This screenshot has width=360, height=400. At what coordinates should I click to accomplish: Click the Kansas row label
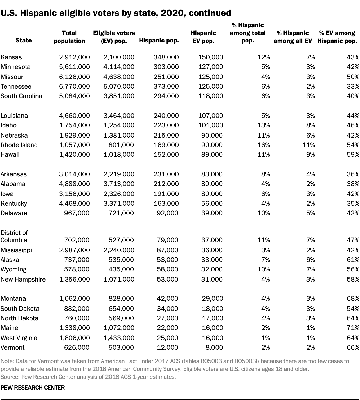pyautogui.click(x=11, y=57)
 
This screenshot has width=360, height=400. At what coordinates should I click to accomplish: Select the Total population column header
pyautogui.click(x=69, y=37)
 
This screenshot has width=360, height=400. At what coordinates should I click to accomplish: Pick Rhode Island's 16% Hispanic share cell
pyautogui.click(x=264, y=145)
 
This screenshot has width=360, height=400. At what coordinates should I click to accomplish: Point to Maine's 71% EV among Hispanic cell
pyautogui.click(x=353, y=328)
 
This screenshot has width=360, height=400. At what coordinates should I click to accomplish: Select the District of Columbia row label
pyautogui.click(x=14, y=236)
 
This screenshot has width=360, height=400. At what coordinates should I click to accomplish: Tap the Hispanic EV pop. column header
pyautogui.click(x=203, y=37)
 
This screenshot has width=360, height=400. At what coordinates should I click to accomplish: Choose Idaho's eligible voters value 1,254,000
pyautogui.click(x=119, y=125)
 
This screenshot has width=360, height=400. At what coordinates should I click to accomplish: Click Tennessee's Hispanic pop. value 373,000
pyautogui.click(x=166, y=87)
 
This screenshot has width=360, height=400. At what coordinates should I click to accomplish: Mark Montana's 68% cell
pyautogui.click(x=353, y=299)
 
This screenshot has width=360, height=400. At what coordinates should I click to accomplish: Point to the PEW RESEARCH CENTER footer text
pyautogui.click(x=33, y=388)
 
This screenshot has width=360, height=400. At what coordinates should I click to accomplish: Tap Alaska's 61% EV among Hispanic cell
pyautogui.click(x=353, y=260)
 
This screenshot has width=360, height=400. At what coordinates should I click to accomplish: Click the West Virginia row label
pyautogui.click(x=19, y=338)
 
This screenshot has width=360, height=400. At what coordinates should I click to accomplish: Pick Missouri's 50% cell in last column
pyautogui.click(x=353, y=77)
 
